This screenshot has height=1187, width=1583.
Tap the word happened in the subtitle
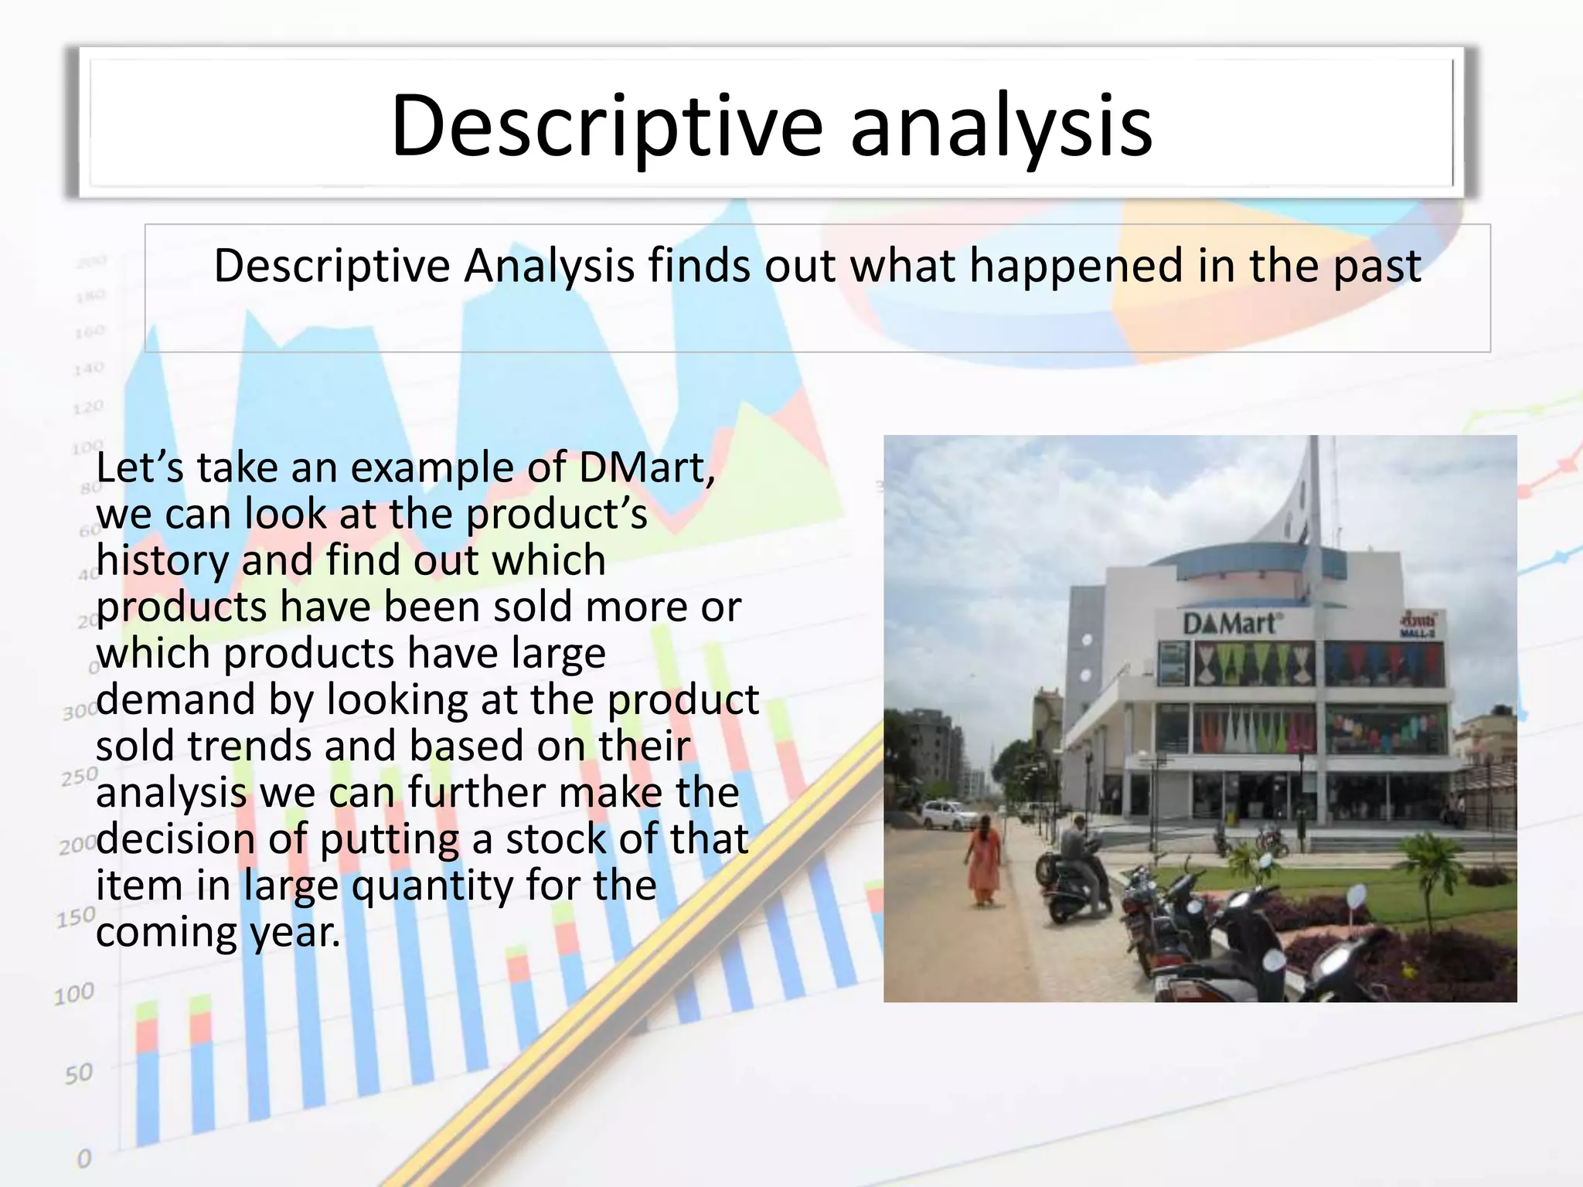coord(1076,266)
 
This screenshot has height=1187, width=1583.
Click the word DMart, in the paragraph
coord(647,468)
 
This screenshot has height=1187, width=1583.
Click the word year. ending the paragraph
coord(294,933)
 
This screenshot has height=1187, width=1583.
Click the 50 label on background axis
coord(78,1073)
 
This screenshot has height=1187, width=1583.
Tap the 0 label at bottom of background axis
coord(83,1158)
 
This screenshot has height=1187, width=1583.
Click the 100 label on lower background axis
coord(74,993)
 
